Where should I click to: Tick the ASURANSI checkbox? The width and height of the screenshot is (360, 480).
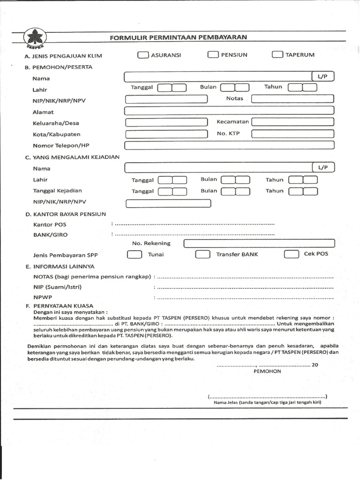(x=142, y=55)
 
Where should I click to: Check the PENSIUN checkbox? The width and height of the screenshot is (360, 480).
(x=213, y=55)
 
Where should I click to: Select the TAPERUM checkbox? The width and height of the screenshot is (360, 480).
(x=277, y=55)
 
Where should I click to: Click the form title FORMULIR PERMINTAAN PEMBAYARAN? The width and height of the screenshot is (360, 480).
(x=178, y=37)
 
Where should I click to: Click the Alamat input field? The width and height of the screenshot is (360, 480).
(x=229, y=111)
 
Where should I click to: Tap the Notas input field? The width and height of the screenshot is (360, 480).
(x=292, y=98)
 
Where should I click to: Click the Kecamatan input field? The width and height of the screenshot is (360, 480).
(x=292, y=122)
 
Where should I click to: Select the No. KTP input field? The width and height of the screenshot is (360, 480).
(x=292, y=134)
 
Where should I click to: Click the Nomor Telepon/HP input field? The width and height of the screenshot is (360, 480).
(x=229, y=145)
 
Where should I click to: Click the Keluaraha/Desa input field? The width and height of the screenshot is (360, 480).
(x=166, y=122)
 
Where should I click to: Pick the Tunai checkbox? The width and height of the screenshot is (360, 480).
(x=135, y=255)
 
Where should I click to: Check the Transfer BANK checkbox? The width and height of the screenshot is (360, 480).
(x=202, y=255)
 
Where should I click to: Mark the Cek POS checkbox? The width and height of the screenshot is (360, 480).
(x=291, y=254)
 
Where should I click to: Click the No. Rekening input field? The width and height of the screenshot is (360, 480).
(x=259, y=243)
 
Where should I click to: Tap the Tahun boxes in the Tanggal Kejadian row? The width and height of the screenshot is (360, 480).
(x=303, y=191)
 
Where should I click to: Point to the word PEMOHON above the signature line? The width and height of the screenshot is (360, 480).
(x=267, y=371)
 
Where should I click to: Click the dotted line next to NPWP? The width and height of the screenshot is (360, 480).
(x=244, y=298)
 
